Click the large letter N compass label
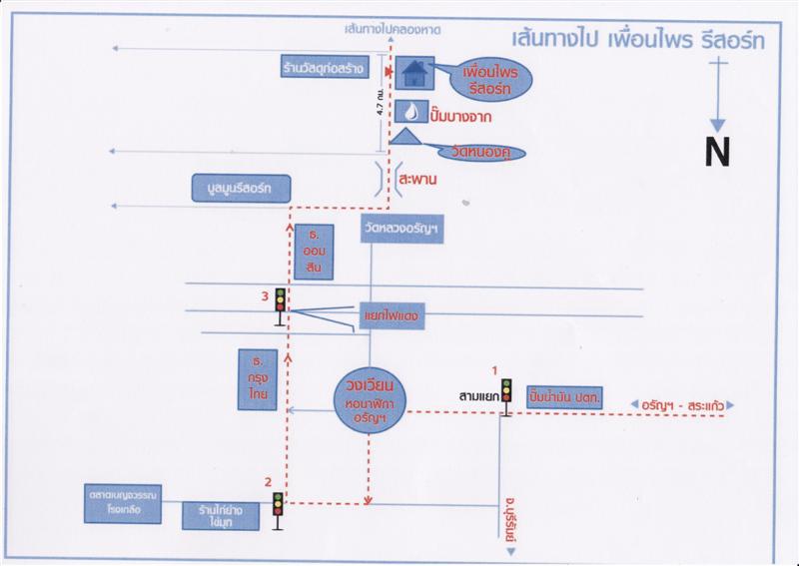(717, 151)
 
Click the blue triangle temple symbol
(408, 137)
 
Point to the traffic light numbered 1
(506, 391)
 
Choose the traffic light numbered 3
(281, 300)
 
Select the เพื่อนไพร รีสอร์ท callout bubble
(486, 80)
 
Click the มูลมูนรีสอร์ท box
(240, 189)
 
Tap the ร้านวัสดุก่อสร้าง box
(326, 69)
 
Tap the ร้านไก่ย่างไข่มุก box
(223, 515)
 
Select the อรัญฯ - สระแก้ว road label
(682, 404)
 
